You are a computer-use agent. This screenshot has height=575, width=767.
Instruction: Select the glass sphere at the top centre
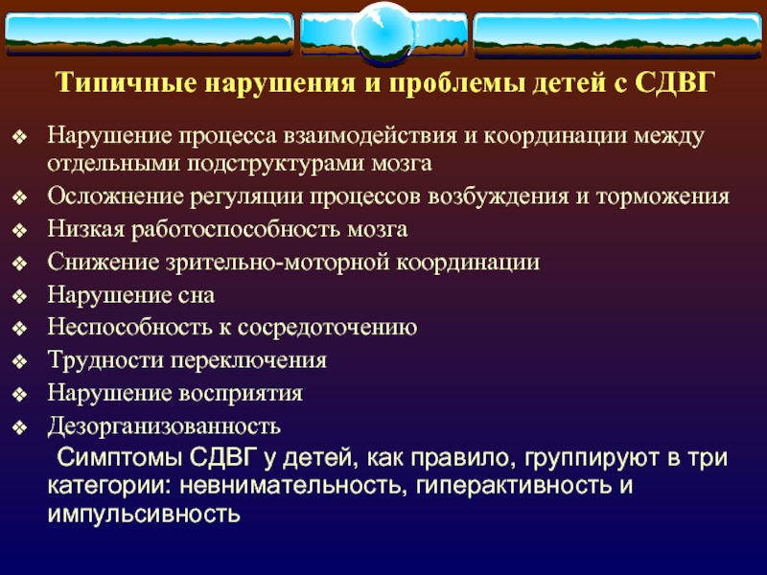[383, 34]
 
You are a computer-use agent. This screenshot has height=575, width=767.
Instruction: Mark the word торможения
[662, 196]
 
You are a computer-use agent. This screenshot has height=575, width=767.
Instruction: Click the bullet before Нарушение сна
[19, 296]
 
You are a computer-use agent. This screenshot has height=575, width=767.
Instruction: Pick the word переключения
[248, 361]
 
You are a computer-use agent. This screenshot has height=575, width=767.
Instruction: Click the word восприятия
[241, 394]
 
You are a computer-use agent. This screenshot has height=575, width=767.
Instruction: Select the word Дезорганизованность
[164, 426]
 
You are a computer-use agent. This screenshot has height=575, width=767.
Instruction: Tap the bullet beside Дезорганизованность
[19, 427]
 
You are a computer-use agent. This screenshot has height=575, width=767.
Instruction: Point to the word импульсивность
[144, 515]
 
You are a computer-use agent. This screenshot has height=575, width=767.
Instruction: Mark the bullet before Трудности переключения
[19, 362]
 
